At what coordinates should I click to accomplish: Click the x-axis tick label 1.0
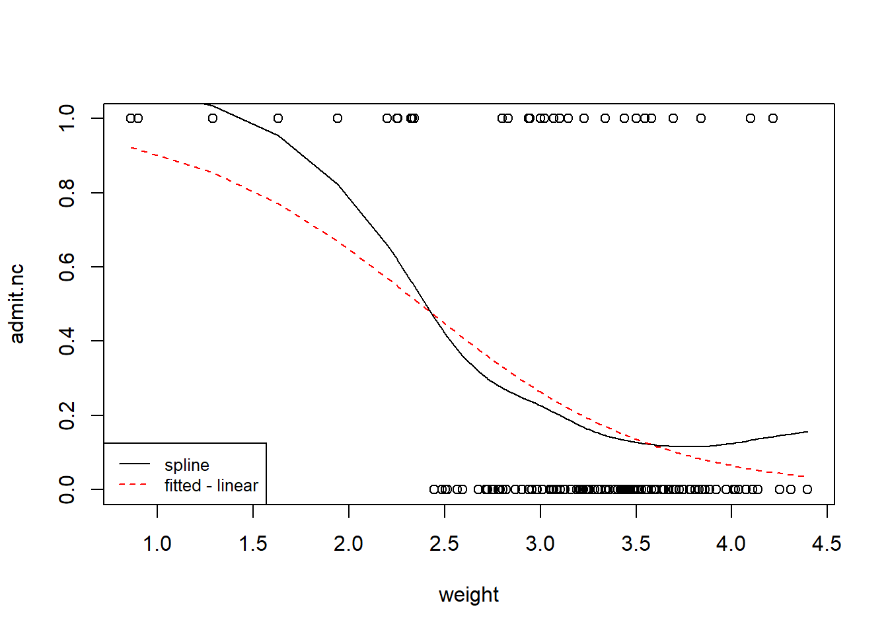[157, 544]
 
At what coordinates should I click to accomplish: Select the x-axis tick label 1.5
[253, 544]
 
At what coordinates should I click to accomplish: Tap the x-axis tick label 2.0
[348, 544]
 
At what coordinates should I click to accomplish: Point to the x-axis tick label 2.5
[444, 544]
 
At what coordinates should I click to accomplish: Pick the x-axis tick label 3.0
[540, 544]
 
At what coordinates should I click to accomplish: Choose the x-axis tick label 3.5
[636, 544]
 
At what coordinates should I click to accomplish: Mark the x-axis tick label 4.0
[731, 544]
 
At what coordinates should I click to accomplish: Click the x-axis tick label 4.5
[827, 544]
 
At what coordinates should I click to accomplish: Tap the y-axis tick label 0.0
[67, 489]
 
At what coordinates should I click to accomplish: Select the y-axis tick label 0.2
[67, 415]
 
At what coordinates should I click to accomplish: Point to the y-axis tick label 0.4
[67, 341]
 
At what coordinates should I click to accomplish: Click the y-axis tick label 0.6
[67, 267]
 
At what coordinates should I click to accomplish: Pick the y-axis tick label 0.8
[67, 193]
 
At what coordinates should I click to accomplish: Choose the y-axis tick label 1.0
[67, 118]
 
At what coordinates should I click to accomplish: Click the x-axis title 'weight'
[468, 595]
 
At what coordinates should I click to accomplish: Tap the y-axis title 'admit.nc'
[17, 304]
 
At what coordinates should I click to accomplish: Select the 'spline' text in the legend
[187, 465]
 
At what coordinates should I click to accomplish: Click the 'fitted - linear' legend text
[211, 485]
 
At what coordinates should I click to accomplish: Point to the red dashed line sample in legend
[134, 485]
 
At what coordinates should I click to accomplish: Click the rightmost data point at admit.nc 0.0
[807, 489]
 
